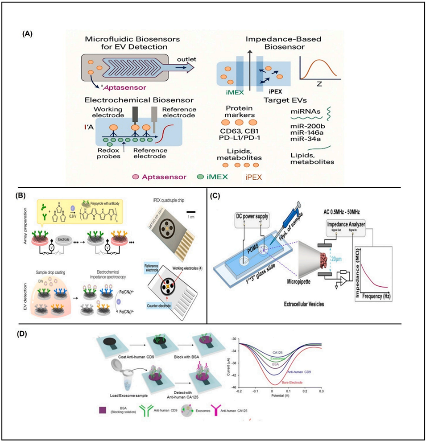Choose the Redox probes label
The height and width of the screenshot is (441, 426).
click(x=107, y=150)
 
